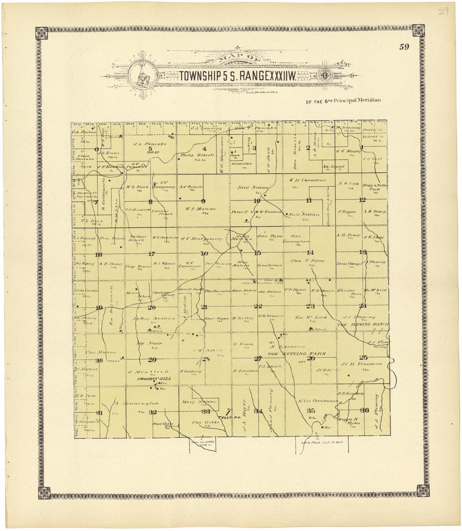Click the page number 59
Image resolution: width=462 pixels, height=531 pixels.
click(404, 47)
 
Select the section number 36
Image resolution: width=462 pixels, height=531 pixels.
click(365, 410)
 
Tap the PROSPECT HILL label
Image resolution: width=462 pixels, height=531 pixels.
click(154, 379)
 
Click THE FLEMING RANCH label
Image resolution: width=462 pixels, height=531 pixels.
click(363, 325)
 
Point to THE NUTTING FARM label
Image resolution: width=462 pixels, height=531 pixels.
click(296, 354)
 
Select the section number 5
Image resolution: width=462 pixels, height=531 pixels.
click(150, 149)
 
